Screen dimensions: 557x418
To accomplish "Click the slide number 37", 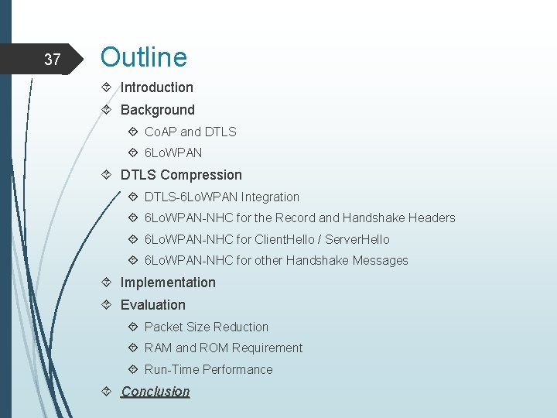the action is (52, 59).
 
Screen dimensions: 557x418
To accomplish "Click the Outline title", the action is (144, 57).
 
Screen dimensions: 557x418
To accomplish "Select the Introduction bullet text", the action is (156, 87).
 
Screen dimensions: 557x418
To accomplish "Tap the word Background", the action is (157, 110).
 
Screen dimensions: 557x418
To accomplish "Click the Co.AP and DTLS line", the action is (190, 132).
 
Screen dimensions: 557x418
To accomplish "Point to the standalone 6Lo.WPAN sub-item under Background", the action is (173, 153).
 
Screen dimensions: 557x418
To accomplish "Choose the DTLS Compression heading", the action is (181, 175).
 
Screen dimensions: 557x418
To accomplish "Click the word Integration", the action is (270, 197).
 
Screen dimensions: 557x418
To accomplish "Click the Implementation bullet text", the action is (168, 283).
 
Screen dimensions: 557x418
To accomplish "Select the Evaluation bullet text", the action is (152, 305).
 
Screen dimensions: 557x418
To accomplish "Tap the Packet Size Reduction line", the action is (207, 327).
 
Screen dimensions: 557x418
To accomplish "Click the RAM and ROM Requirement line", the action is (224, 348).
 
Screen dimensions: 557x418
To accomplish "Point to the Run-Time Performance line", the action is (209, 369).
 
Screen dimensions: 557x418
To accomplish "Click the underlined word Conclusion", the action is (155, 392).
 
